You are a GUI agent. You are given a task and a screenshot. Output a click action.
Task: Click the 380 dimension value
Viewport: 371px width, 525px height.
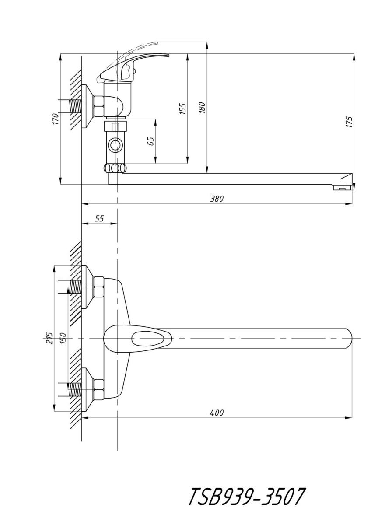(217, 199)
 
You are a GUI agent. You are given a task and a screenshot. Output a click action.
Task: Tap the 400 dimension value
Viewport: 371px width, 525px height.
(217, 413)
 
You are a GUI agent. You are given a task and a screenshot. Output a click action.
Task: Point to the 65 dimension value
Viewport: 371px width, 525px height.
(150, 141)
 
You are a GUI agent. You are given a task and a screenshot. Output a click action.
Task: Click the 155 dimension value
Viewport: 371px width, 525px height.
(183, 108)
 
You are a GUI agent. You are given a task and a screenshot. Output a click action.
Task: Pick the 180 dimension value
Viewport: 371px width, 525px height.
(202, 108)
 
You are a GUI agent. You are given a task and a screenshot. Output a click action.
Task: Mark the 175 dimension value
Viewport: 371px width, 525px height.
(349, 122)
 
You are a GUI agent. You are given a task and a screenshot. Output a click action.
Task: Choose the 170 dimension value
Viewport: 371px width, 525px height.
(55, 119)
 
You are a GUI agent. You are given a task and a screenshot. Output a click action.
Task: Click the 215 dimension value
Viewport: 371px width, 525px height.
(49, 338)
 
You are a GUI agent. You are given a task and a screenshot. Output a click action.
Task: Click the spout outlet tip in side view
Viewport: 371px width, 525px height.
(344, 187)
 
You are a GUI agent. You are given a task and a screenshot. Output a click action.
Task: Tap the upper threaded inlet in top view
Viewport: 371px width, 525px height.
(75, 287)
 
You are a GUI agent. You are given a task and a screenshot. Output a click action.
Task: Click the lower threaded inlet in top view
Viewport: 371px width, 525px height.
(75, 389)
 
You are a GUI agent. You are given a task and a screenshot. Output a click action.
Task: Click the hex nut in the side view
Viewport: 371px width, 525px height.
(99, 107)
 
